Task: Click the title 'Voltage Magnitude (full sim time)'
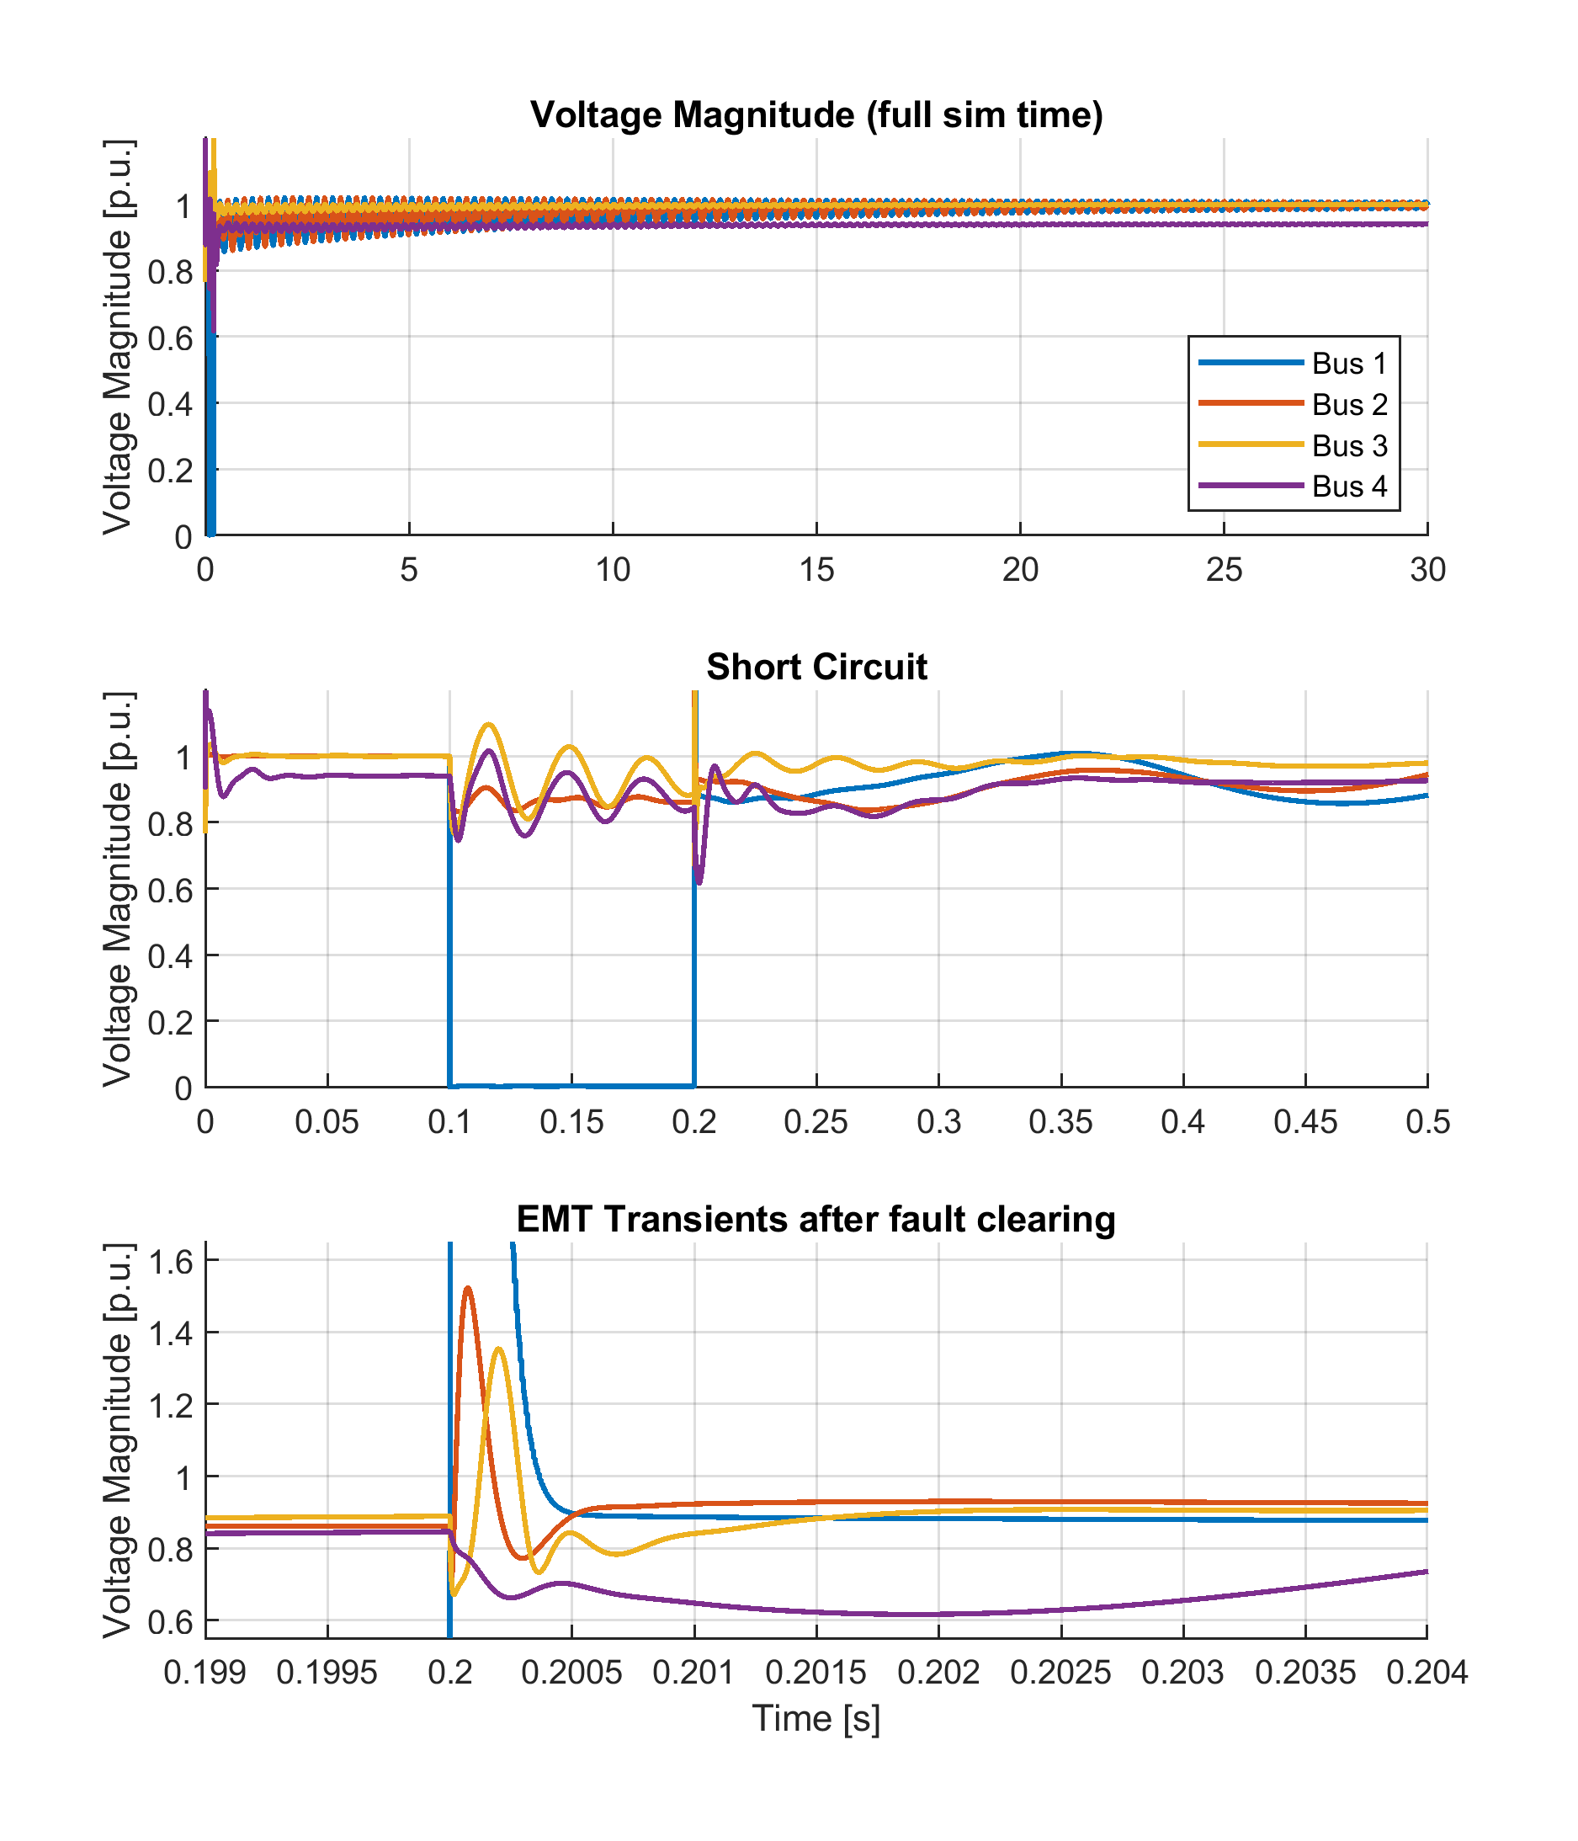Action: [816, 115]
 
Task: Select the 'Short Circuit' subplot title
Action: [816, 668]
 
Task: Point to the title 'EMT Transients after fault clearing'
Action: [816, 1219]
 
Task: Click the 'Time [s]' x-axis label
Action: [816, 1718]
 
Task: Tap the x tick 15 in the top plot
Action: [816, 570]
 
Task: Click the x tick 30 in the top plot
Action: [1427, 570]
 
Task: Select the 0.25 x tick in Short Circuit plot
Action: [816, 1122]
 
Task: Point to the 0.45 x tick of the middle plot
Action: [1304, 1122]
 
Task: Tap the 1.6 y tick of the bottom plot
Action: [173, 1262]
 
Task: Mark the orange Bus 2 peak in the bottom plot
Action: [468, 1287]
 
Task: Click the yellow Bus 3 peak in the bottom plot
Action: [498, 1349]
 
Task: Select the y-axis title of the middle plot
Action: [117, 889]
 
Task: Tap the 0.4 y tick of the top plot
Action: [171, 404]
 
